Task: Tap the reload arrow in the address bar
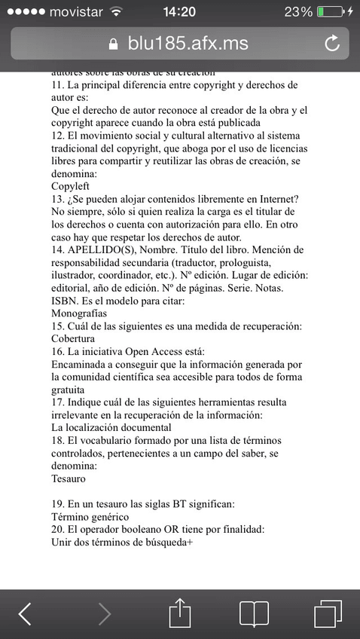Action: click(332, 44)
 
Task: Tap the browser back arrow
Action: click(24, 613)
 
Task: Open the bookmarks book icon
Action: click(254, 613)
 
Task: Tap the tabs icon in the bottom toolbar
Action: click(328, 613)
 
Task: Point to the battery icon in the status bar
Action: click(331, 12)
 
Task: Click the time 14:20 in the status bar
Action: click(178, 12)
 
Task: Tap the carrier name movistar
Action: click(75, 12)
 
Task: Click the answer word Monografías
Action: click(79, 312)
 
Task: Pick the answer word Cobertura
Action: click(75, 338)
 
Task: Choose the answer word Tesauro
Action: click(69, 478)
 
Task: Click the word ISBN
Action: click(65, 287)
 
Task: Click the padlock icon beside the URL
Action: click(114, 44)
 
